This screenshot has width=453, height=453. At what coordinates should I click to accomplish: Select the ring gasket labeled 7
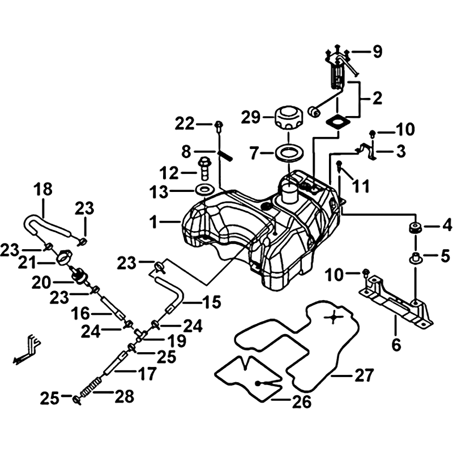point(289,152)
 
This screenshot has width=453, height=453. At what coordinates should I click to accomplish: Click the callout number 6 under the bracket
point(396,344)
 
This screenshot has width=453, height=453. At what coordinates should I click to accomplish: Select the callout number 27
point(365,374)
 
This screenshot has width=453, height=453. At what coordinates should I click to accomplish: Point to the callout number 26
point(302,402)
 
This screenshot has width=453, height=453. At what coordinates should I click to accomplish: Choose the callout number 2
point(377,99)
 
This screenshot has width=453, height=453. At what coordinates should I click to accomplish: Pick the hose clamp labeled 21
point(63,259)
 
